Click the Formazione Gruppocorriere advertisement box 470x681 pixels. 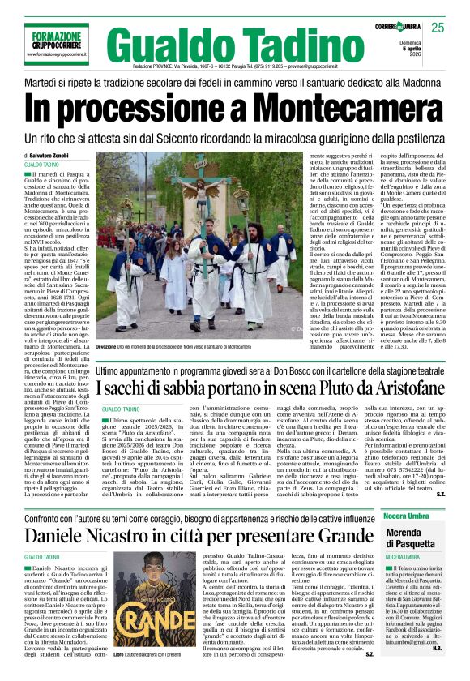54,38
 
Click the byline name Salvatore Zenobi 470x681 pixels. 56,155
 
